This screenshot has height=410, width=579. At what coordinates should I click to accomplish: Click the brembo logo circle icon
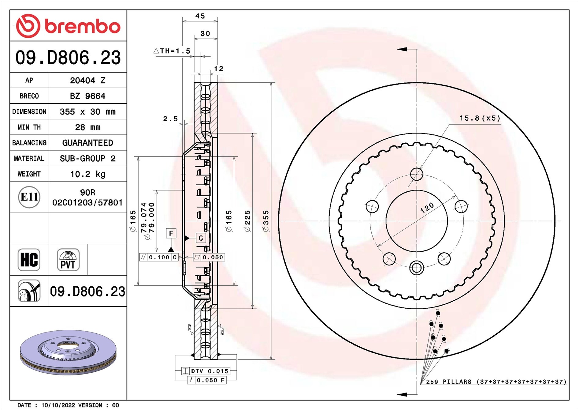point(28,26)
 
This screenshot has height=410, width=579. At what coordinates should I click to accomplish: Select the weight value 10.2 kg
point(87,174)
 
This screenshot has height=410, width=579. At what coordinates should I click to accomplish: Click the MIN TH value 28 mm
point(87,127)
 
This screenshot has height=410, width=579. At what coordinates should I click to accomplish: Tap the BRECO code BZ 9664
point(87,96)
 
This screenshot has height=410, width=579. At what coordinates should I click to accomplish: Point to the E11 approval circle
point(29,197)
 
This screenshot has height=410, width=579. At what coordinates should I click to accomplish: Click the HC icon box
point(29,260)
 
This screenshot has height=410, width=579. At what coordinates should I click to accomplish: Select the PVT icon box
point(68,260)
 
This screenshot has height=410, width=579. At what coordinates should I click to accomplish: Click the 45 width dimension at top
point(200,16)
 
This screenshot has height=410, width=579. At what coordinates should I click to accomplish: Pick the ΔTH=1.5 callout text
point(172,51)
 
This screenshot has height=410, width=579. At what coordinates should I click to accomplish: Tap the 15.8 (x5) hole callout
point(480,118)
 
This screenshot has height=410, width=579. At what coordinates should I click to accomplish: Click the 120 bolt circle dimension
point(427,208)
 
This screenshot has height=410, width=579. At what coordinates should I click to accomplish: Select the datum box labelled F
point(171,233)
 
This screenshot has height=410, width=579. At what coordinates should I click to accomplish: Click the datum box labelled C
point(201,238)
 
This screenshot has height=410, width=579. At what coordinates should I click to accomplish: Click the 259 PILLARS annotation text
point(495,382)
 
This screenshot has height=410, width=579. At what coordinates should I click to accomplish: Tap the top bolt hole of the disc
point(416,174)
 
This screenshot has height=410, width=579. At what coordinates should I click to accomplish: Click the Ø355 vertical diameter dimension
point(266,221)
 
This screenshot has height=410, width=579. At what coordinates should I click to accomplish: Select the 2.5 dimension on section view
point(170,119)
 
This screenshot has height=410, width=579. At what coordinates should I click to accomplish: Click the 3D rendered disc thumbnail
point(68,352)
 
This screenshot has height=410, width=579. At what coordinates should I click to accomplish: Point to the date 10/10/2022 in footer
point(58,405)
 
